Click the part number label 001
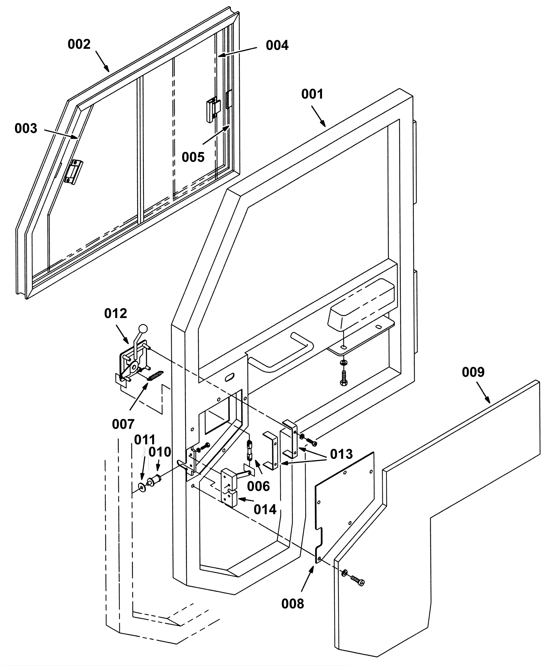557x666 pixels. click(312, 94)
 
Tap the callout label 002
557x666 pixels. click(79, 44)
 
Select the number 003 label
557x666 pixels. click(26, 128)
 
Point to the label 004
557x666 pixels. click(277, 45)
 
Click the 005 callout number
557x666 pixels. click(193, 157)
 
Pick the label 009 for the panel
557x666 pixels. click(473, 372)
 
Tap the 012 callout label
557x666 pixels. click(116, 314)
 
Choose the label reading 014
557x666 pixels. click(265, 509)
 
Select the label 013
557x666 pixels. click(342, 454)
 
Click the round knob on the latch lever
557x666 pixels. click(143, 328)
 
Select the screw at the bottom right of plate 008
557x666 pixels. click(358, 580)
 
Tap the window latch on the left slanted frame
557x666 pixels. click(73, 172)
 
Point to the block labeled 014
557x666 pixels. click(229, 487)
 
